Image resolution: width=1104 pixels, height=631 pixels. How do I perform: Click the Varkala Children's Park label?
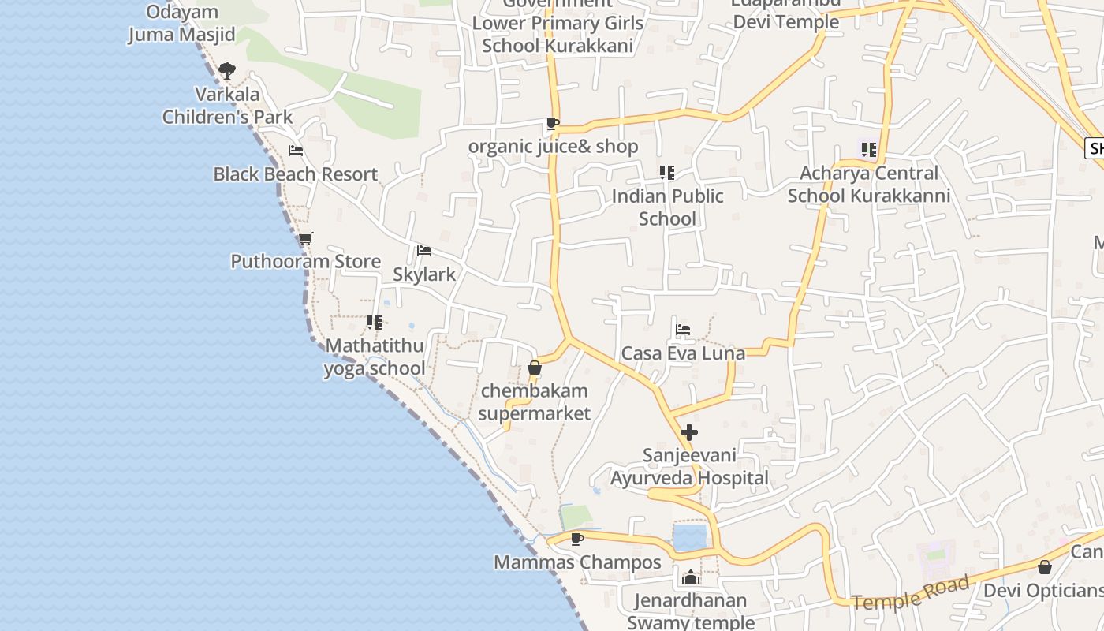pos(227,106)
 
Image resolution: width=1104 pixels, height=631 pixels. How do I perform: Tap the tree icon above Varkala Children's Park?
pos(227,71)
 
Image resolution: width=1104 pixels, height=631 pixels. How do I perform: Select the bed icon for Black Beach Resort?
pos(296,151)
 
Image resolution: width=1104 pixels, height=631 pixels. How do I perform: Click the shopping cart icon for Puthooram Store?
pos(305,238)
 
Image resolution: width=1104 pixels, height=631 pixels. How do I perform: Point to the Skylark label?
pos(424,274)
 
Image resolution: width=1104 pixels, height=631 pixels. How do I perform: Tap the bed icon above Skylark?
pos(424,251)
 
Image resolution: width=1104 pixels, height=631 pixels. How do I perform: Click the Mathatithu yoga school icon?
pos(375,322)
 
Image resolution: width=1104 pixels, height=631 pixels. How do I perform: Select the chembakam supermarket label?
pos(535,401)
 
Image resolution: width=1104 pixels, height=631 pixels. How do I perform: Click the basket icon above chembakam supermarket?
pos(535,368)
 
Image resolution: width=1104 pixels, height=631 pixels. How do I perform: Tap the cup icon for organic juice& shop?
pos(552,123)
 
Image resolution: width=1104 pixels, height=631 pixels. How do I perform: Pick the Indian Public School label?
pos(667,207)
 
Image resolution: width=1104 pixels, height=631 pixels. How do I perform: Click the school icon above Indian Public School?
pos(667,172)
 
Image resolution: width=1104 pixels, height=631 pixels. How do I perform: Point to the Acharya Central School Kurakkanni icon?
pos(869,149)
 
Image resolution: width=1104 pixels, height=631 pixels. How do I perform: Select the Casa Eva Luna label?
pos(683,353)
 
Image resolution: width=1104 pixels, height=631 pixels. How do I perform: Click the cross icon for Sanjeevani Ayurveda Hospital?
pos(689,432)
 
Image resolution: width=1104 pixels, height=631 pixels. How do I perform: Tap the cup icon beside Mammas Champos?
pos(577,539)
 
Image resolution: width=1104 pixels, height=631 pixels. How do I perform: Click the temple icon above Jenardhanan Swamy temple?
pos(691,577)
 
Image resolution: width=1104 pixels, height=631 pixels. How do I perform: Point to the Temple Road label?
pos(911,593)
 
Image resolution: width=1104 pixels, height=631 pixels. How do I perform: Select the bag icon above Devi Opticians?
pos(1045,567)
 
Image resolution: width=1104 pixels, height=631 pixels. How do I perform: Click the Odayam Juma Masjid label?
pos(182,24)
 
